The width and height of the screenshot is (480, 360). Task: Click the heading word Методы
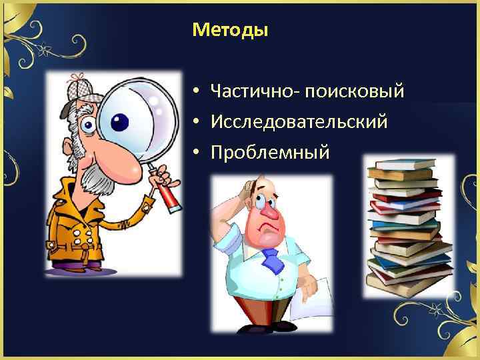pos(229,30)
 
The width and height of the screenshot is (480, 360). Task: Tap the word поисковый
pos(355,91)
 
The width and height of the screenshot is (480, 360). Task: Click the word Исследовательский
pos(299,121)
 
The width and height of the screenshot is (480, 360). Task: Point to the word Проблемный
pos(270,153)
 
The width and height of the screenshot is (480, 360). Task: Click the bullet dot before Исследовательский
pos(197,122)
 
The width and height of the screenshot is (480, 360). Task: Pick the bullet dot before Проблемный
pos(197,153)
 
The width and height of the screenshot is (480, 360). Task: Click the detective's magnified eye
pos(119,122)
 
